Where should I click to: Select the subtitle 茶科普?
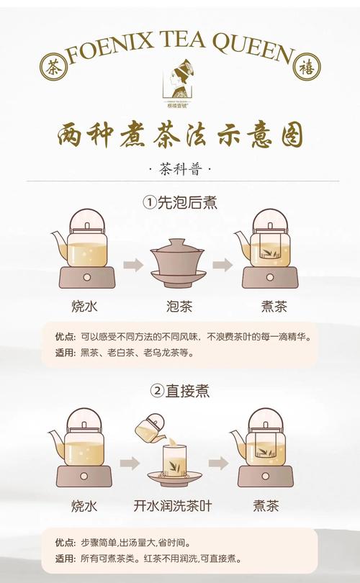click(179, 170)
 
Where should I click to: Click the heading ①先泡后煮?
click(179, 203)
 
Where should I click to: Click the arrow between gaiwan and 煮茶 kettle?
click(222, 265)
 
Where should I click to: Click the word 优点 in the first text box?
click(64, 337)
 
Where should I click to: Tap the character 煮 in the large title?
click(140, 135)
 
